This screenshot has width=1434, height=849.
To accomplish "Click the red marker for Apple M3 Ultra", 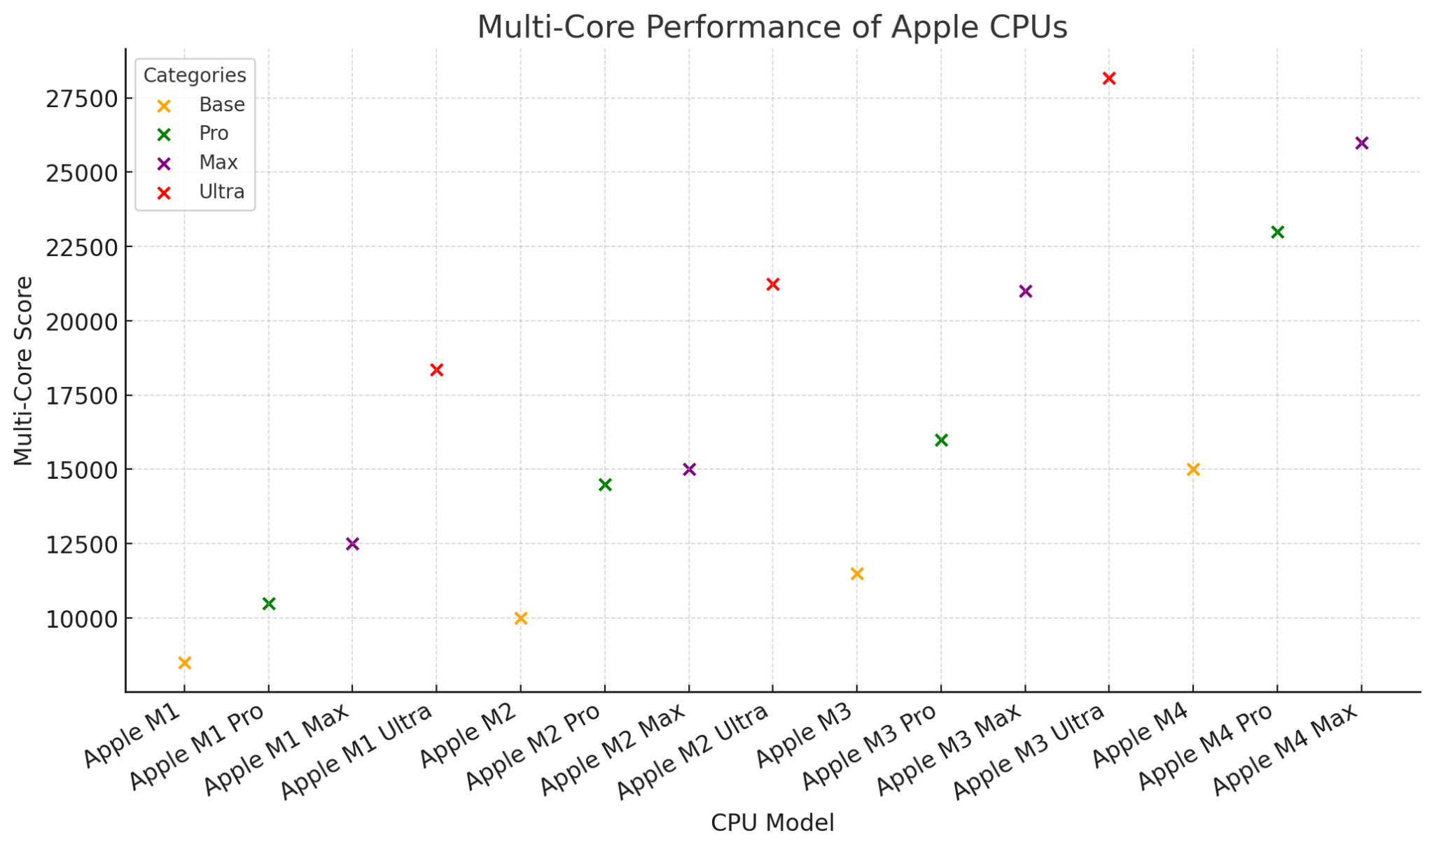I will click(1108, 78).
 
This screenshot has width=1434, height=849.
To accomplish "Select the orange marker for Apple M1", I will click(185, 663).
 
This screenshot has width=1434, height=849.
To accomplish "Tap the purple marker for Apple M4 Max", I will click(1361, 143).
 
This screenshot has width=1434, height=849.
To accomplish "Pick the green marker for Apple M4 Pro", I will click(1277, 232).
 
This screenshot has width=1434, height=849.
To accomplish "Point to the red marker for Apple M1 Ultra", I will click(436, 370).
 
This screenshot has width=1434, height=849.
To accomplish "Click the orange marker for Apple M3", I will click(857, 574).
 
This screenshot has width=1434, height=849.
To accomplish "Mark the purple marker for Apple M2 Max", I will click(689, 470).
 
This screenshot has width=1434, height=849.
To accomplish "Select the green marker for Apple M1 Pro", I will click(269, 603).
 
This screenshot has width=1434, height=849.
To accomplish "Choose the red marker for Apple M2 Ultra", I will click(773, 284).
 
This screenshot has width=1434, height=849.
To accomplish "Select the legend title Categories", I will click(195, 76).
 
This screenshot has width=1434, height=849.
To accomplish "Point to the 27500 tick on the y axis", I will click(78, 99).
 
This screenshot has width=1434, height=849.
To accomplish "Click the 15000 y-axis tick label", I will click(78, 470).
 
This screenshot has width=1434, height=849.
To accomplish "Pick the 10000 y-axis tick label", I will click(78, 619).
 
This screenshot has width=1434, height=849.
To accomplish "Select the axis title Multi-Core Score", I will click(24, 370).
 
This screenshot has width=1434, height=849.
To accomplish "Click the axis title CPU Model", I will click(772, 823).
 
